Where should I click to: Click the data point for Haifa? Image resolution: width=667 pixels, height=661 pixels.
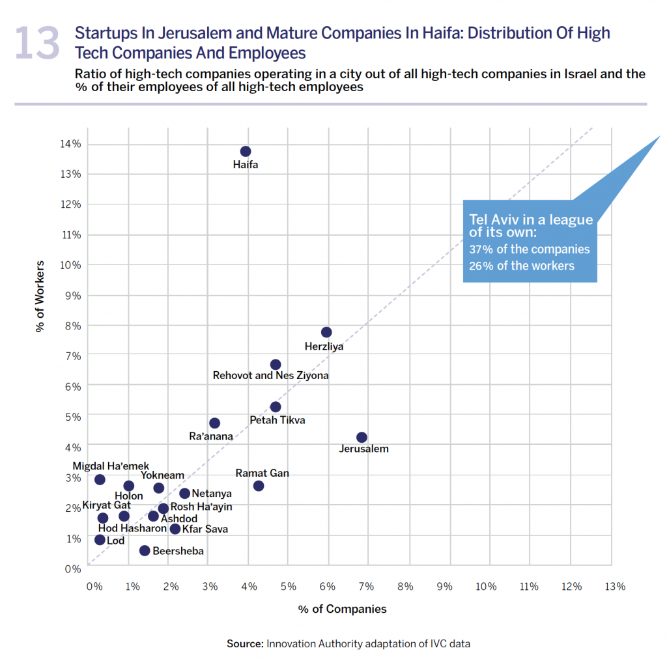246,152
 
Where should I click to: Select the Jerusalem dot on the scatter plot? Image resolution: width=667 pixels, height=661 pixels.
362,437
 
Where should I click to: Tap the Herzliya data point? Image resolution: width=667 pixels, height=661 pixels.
326,332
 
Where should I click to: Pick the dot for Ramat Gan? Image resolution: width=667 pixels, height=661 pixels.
259,486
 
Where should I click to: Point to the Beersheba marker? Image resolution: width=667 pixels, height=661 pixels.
145,551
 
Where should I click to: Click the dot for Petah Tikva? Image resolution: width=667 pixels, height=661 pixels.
276,407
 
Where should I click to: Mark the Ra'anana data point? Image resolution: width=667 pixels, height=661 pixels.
214,423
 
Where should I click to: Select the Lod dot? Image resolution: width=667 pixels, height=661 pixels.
100,540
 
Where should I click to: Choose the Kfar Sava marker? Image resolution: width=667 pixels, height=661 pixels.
175,529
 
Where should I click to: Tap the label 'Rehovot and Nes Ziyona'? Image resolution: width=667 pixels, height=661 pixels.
271,376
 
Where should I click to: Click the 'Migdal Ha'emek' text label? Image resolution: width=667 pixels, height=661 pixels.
111,466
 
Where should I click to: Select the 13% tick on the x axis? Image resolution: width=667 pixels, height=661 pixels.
615,586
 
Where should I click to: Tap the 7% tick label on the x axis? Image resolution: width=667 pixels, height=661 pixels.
366,586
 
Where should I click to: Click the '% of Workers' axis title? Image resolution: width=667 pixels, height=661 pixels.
40,296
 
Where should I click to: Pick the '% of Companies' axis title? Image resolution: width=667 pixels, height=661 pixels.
343,610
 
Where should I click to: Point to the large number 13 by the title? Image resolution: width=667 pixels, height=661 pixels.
37,43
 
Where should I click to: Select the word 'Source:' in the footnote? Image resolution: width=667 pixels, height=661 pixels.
245,644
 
